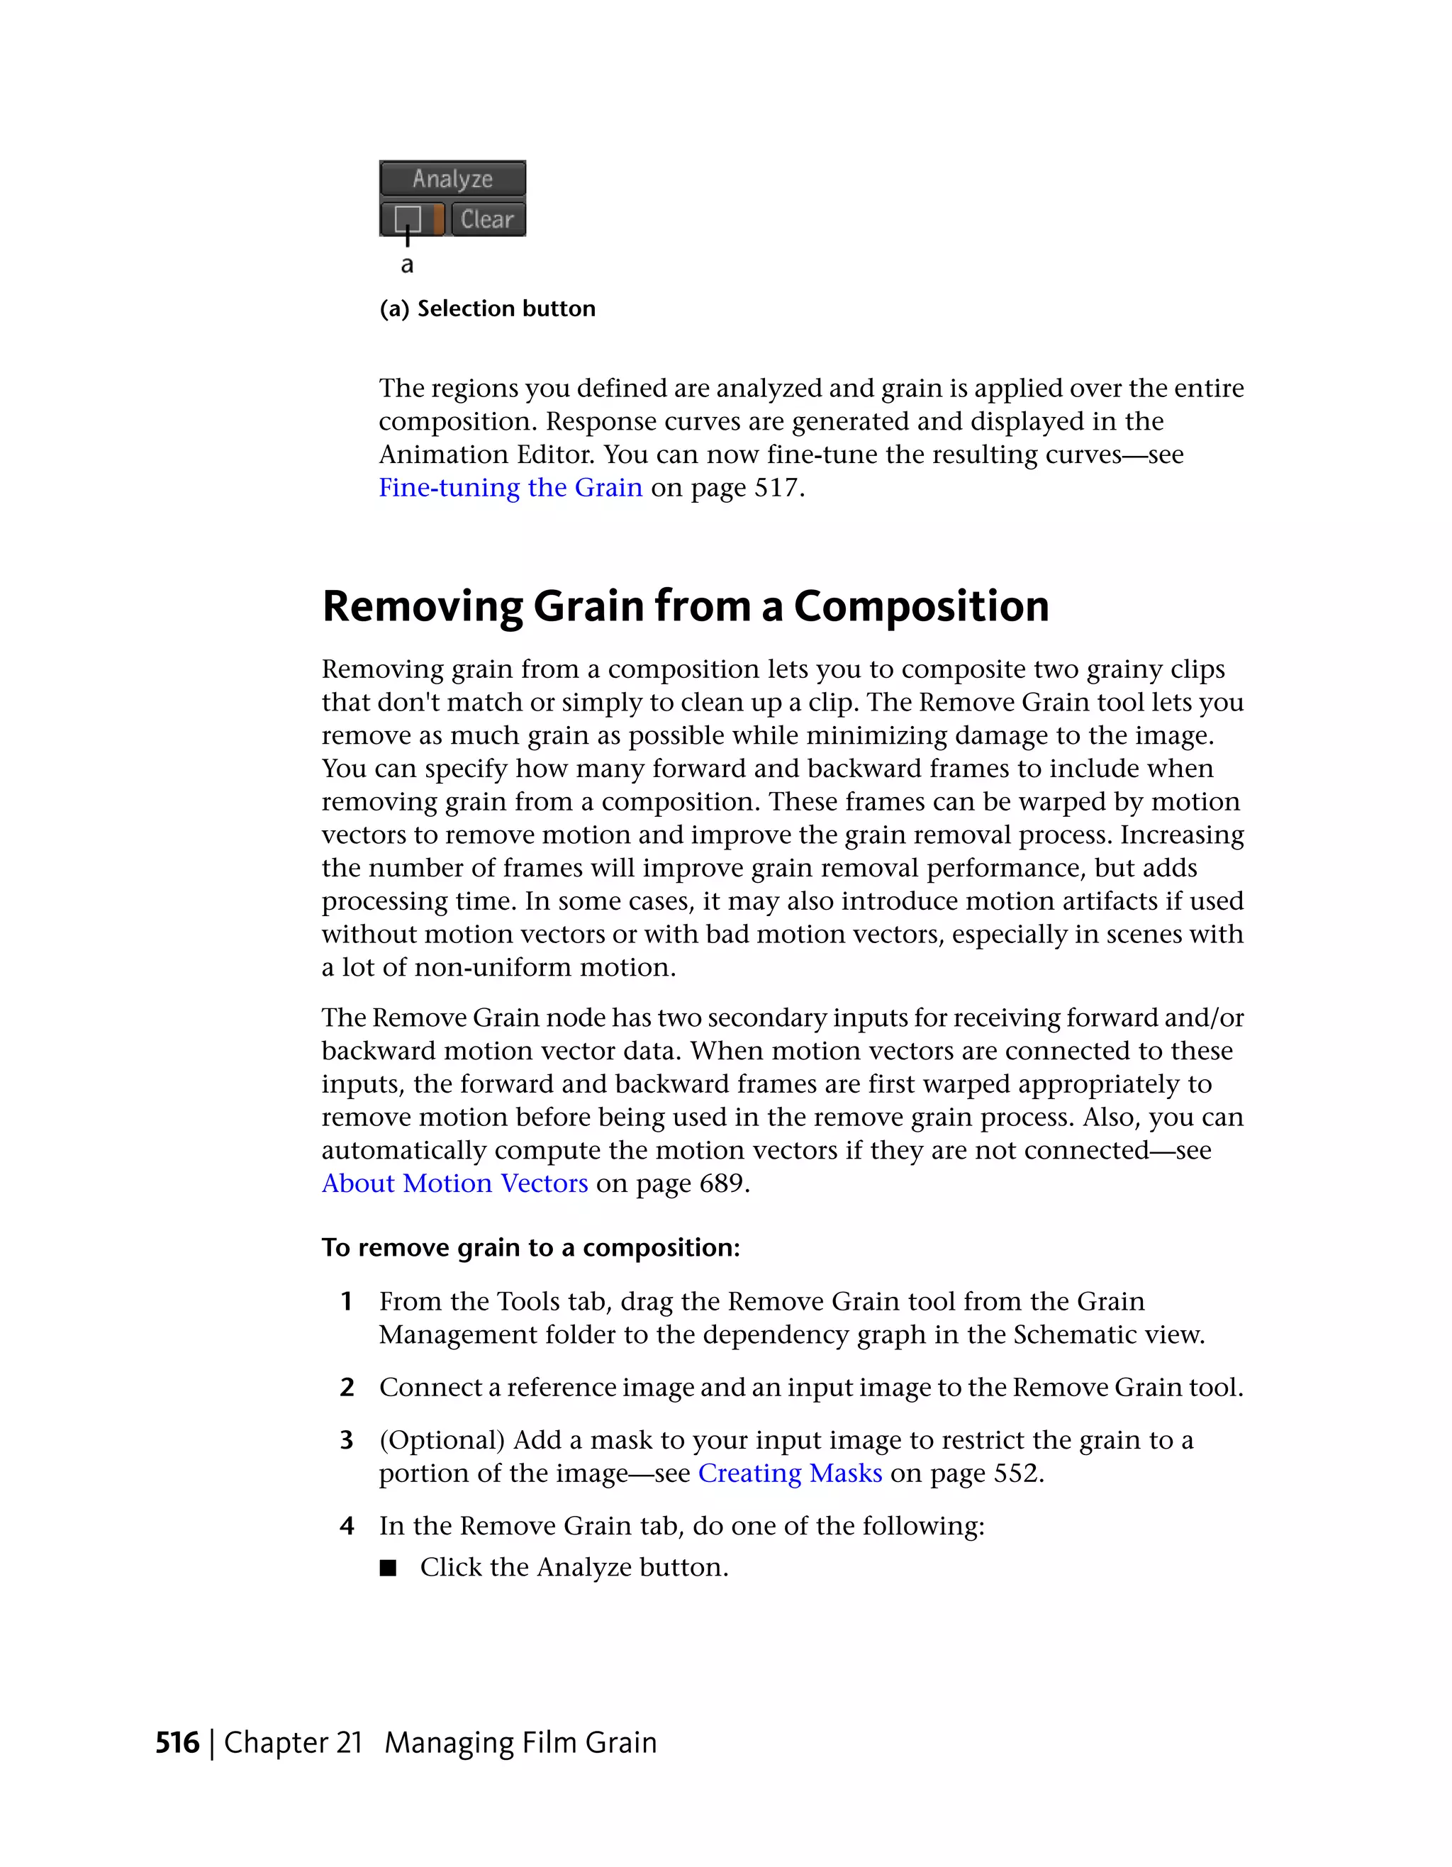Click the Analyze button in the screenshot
point(452,179)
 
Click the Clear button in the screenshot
point(487,220)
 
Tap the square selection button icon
point(408,219)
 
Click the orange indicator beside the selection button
point(438,220)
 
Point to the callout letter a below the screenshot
point(407,265)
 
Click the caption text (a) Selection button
point(487,308)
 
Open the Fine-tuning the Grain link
point(510,487)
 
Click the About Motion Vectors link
point(454,1183)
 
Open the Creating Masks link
point(790,1473)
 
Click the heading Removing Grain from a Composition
point(686,606)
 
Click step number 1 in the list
point(346,1301)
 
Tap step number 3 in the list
point(346,1440)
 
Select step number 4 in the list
point(346,1526)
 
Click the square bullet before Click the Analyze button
point(388,1568)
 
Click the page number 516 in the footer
point(177,1743)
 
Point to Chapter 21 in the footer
point(293,1743)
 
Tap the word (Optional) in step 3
point(442,1440)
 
